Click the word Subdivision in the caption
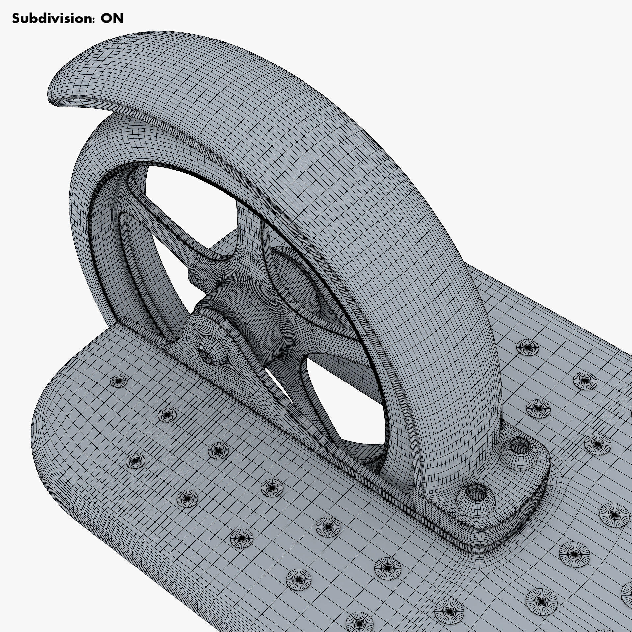[x=49, y=19]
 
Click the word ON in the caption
[x=112, y=19]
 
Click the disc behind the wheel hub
[x=293, y=280]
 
